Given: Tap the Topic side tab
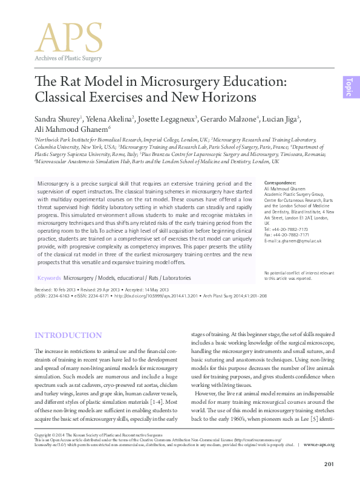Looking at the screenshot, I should [349, 88].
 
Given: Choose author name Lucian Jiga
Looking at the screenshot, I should [281, 118].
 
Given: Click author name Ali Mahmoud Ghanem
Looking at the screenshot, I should [70, 129].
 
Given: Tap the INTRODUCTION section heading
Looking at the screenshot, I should [68, 335].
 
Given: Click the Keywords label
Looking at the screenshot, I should [49, 278].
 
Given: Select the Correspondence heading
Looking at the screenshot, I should [281, 183].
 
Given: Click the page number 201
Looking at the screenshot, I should [329, 464].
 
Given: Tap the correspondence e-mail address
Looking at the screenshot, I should [293, 241].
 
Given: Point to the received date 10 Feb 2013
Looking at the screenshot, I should [64, 290].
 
